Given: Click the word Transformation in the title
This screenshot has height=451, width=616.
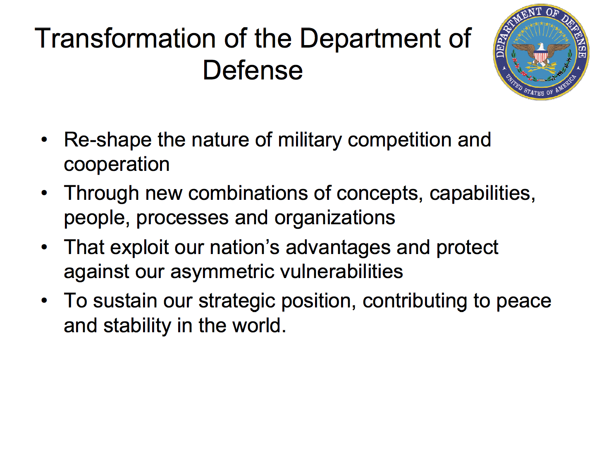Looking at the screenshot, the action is [125, 38].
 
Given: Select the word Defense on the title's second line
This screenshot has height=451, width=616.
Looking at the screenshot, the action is [253, 70].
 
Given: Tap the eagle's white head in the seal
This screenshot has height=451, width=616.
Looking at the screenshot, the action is [541, 47].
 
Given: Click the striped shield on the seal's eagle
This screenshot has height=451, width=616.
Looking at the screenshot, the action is [541, 57].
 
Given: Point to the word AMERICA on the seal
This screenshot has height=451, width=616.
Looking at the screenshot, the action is [566, 84].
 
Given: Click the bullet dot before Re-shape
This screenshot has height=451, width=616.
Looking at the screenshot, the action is [44, 140].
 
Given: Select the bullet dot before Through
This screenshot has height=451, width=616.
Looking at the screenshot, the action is [44, 193].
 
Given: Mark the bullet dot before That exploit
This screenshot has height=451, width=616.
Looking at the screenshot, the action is [44, 247].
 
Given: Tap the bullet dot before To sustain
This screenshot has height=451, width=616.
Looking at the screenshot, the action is [44, 301].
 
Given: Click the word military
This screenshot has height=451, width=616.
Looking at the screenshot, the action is [310, 141].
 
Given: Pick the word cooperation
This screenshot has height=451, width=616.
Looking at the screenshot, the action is [117, 165].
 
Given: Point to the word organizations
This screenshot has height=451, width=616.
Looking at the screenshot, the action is [335, 218].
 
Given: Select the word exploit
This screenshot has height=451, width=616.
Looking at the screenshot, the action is [139, 248].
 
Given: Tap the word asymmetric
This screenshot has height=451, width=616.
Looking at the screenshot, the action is [222, 272].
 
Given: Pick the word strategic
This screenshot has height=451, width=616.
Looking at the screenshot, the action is [237, 301].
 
